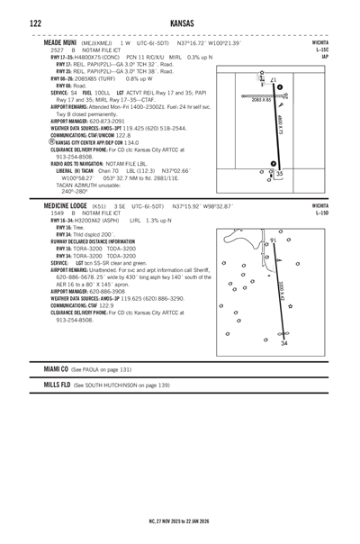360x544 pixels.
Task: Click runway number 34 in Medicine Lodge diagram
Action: click(284, 343)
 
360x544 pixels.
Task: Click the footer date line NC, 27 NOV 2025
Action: click(180, 520)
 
